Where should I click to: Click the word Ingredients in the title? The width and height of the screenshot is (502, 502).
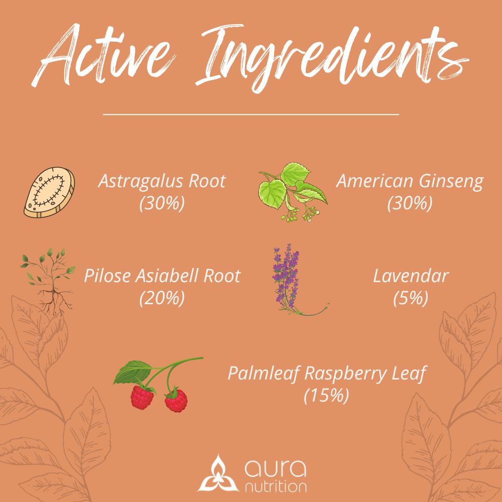[331, 58]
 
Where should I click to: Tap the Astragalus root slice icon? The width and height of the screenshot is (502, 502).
[49, 192]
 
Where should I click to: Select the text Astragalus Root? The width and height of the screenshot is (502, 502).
[162, 181]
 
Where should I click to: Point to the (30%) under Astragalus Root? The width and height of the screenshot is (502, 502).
[162, 203]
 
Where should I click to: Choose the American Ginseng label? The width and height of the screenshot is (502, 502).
[410, 182]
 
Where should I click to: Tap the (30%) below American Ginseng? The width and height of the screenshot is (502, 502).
[410, 203]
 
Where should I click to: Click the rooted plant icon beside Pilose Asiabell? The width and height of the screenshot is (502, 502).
[48, 282]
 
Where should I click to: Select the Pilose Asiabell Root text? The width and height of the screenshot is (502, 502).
[162, 276]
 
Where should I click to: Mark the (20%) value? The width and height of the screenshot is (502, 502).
[162, 298]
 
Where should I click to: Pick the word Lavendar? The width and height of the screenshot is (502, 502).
[411, 276]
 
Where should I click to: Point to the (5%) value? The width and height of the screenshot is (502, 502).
[411, 298]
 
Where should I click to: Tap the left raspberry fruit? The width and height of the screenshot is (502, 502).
[142, 397]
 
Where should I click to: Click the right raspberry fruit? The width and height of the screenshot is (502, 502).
[176, 400]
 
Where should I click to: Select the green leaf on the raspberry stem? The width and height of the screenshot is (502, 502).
[133, 372]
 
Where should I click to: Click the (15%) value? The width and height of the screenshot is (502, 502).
[326, 395]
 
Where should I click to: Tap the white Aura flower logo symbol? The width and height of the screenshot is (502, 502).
[218, 473]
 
